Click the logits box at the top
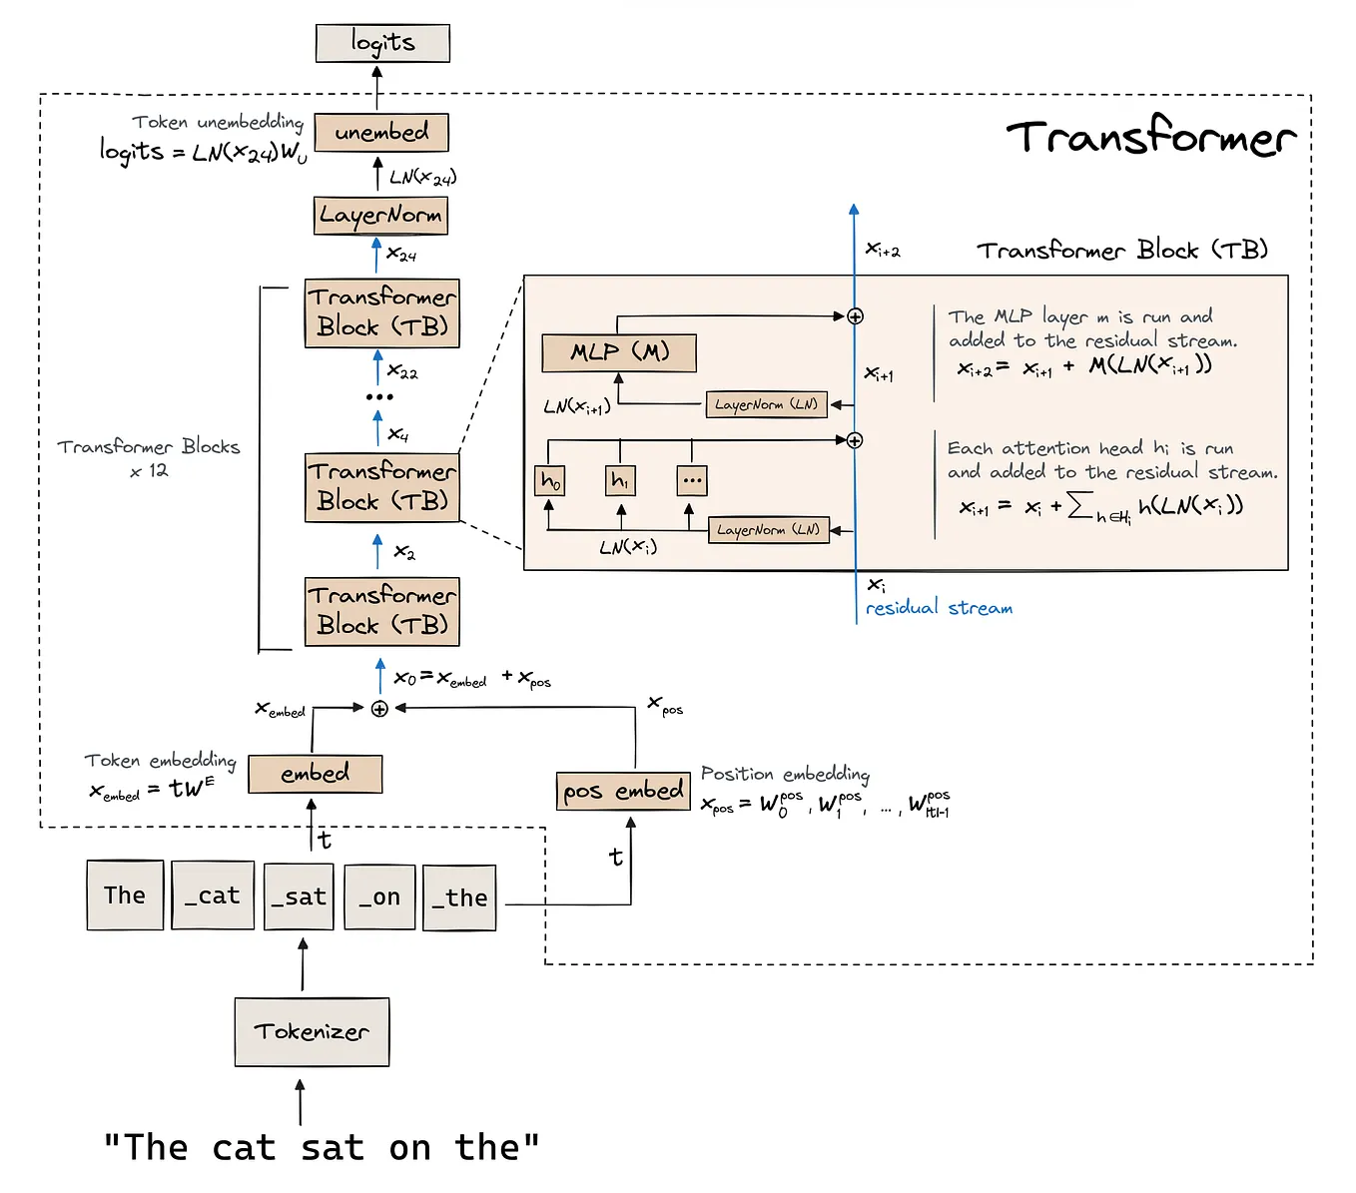click(x=382, y=43)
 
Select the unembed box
click(x=381, y=132)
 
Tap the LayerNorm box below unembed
click(x=380, y=215)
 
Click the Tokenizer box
click(x=312, y=1031)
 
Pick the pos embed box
click(x=623, y=791)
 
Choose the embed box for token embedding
click(x=315, y=774)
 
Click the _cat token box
click(x=212, y=895)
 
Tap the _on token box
click(x=379, y=896)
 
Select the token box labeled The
click(x=125, y=895)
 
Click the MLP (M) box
click(x=619, y=351)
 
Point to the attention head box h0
click(x=550, y=480)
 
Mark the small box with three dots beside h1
click(x=692, y=480)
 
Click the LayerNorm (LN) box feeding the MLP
click(x=766, y=404)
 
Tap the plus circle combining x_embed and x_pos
click(x=379, y=708)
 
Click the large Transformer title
click(x=1150, y=137)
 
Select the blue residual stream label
click(x=939, y=608)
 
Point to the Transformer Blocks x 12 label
click(x=149, y=457)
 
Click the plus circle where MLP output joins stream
click(x=855, y=316)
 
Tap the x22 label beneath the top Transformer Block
click(x=402, y=372)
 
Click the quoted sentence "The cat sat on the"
click(x=322, y=1148)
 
